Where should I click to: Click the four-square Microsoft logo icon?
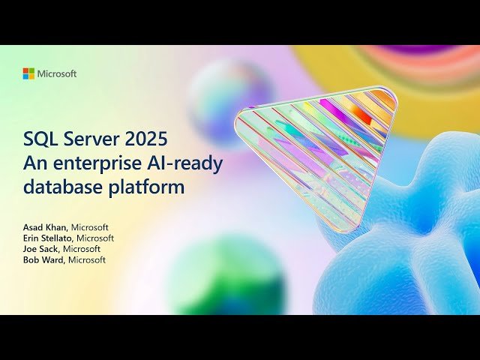pos(28,73)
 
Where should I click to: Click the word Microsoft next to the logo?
pos(57,73)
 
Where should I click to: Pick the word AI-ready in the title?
pos(181,163)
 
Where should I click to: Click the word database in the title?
pos(59,186)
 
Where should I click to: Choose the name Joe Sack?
pos(40,248)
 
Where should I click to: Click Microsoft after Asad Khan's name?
pos(89,227)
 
